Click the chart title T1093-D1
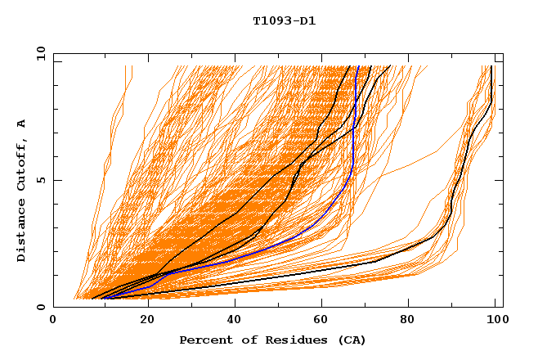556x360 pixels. pos(284,21)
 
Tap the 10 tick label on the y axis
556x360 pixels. pos(39,53)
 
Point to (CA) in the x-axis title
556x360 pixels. pos(352,340)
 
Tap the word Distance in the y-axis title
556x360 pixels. pos(21,232)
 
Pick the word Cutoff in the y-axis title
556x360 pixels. pos(21,164)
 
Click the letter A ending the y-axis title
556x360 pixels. pos(21,124)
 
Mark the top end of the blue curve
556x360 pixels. pos(358,66)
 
